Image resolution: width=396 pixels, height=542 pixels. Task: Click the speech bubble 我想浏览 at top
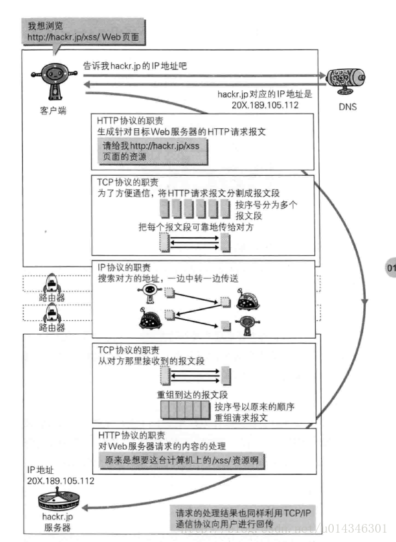click(x=83, y=31)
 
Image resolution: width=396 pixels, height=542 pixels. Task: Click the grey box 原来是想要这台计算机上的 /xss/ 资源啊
click(x=181, y=460)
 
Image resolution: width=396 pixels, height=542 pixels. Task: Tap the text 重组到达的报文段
click(x=190, y=394)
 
